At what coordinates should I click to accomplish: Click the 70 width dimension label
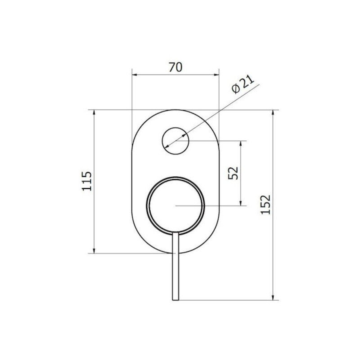(175, 67)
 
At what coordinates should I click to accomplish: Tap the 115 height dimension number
(87, 181)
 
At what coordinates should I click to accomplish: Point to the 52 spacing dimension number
(233, 173)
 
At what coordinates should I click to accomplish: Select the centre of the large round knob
(175, 206)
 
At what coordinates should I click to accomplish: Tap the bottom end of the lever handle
(175, 300)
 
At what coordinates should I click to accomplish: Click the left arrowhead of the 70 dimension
(135, 74)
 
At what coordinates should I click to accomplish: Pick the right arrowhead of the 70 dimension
(216, 74)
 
